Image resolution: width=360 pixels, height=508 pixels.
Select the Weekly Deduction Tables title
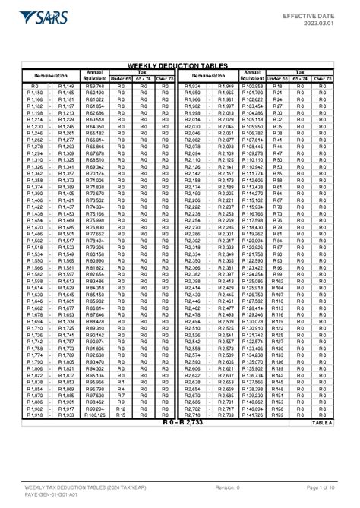(179, 66)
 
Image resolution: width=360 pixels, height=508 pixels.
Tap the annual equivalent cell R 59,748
(95, 87)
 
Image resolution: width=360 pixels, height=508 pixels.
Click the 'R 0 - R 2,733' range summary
(179, 423)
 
